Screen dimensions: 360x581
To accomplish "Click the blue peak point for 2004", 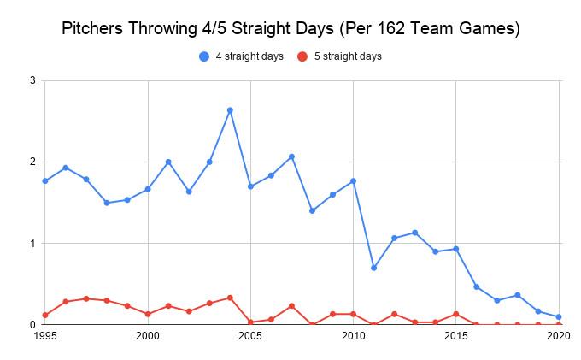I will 230,110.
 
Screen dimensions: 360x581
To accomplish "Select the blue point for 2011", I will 373,268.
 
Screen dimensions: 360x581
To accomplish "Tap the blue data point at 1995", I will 45,180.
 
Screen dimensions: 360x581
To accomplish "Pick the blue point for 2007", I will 291,156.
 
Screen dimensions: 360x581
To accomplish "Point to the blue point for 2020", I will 559,316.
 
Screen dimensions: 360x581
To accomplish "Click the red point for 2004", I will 230,298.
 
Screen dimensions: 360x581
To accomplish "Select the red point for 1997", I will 86,298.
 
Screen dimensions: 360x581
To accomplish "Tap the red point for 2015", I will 456,314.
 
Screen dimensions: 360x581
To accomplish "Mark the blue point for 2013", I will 414,233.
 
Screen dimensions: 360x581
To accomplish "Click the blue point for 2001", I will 168,162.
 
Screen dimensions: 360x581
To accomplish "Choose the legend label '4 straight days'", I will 249,56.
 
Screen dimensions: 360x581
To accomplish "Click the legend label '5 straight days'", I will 346,56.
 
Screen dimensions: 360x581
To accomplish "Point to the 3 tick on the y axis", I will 32,80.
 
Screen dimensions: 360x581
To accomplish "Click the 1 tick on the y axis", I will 32,244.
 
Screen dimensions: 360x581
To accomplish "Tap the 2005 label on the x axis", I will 250,337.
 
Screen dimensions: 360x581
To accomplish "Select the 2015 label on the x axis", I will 456,337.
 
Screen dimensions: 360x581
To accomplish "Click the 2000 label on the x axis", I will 148,337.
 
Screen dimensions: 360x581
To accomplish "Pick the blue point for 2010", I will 353,181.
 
